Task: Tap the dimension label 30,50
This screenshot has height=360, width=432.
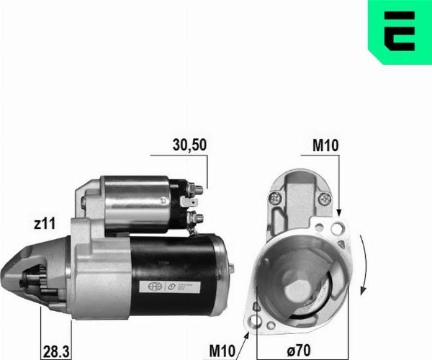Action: tap(189, 145)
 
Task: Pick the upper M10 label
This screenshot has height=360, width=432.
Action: tap(325, 145)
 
